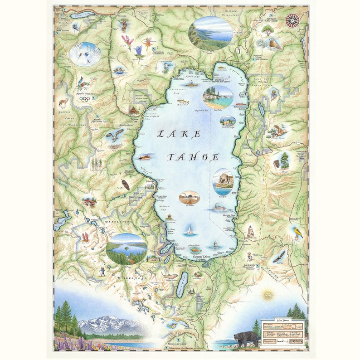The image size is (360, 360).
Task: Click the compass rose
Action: pos(292,20)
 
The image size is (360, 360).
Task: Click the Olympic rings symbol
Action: pos(84,99)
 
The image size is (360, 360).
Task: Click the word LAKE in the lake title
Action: pos(179,134)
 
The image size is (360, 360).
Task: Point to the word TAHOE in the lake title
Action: pos(194,157)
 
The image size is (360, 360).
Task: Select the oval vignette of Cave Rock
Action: pos(223,181)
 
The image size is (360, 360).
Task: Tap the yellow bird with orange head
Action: pos(298,233)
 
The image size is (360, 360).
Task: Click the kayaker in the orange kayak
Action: pos(190,84)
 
